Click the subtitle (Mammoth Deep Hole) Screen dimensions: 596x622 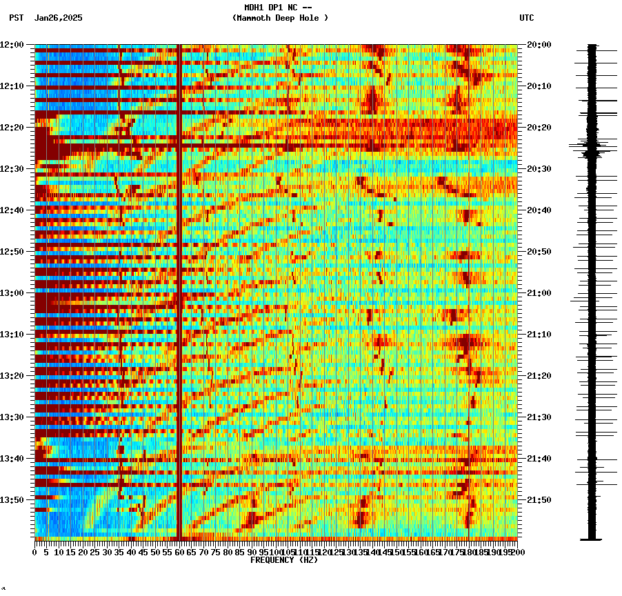pyautogui.click(x=280, y=18)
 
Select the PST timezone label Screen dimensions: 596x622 pyautogui.click(x=17, y=18)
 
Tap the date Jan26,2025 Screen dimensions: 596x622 pyautogui.click(x=58, y=18)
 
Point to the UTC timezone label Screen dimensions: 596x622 pyautogui.click(x=527, y=18)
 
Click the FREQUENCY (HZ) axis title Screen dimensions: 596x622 pyautogui.click(x=284, y=560)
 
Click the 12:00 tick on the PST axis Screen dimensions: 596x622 pyautogui.click(x=12, y=45)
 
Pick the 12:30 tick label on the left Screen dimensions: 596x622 pyautogui.click(x=12, y=169)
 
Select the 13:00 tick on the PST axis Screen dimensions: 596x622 pyautogui.click(x=12, y=293)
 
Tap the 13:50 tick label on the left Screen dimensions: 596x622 pyautogui.click(x=12, y=500)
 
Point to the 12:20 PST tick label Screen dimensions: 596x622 pyautogui.click(x=12, y=128)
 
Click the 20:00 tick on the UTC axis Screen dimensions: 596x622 pyautogui.click(x=539, y=45)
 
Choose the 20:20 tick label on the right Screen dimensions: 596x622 pyautogui.click(x=539, y=128)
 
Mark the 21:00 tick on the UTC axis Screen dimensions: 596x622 pyautogui.click(x=539, y=293)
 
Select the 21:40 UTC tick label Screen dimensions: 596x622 pyautogui.click(x=539, y=459)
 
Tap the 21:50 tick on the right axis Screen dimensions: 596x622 pyautogui.click(x=539, y=500)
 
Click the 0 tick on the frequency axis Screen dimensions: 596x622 pyautogui.click(x=35, y=553)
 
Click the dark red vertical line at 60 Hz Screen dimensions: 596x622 pyautogui.click(x=179, y=290)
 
